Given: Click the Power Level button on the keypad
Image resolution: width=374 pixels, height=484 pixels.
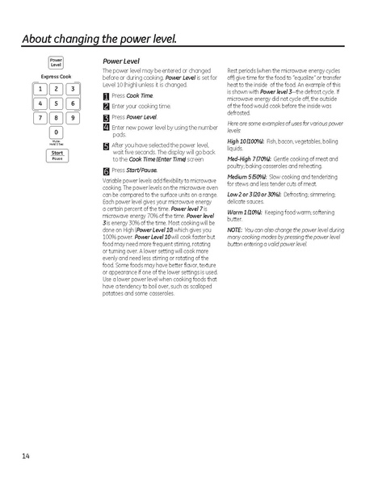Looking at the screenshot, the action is point(56,62).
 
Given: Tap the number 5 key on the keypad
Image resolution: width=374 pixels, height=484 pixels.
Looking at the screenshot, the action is point(57,103).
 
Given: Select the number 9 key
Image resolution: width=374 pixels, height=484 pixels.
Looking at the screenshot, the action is point(72,118).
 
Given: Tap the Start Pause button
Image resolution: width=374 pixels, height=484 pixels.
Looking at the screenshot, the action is point(57,154).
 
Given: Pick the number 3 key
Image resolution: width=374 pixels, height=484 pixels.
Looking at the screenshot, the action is point(72,89).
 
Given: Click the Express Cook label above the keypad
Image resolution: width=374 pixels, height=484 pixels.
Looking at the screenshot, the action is point(57,77).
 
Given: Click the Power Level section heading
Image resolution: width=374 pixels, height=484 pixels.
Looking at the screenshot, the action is point(120,61).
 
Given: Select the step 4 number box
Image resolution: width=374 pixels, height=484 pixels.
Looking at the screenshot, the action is point(107,127).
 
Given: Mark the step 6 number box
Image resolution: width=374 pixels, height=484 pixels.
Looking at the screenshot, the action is point(107,171).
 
